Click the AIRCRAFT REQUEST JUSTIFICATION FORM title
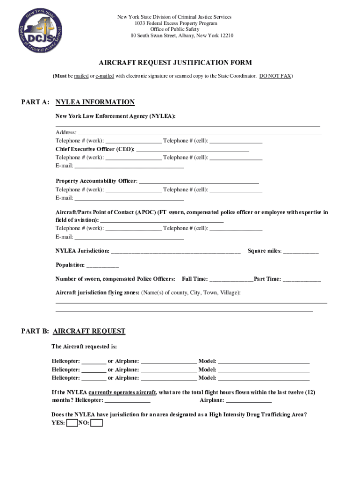pyautogui.click(x=175, y=63)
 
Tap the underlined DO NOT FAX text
pyautogui.click(x=275, y=76)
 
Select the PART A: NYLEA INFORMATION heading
pyautogui.click(x=78, y=102)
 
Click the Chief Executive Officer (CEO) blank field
pyautogui.click(x=192, y=150)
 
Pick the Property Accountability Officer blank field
pyautogui.click(x=199, y=181)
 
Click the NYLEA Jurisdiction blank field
pyautogui.click(x=176, y=252)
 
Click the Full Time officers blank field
pyautogui.click(x=231, y=279)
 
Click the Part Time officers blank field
pyautogui.click(x=302, y=279)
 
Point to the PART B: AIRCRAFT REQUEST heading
pyautogui.click(x=73, y=331)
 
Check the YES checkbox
pyautogui.click(x=72, y=423)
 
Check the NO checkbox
pyautogui.click(x=96, y=423)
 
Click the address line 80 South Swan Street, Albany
pyautogui.click(x=182, y=36)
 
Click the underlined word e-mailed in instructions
pyautogui.click(x=105, y=76)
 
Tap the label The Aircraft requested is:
pyautogui.click(x=84, y=347)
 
